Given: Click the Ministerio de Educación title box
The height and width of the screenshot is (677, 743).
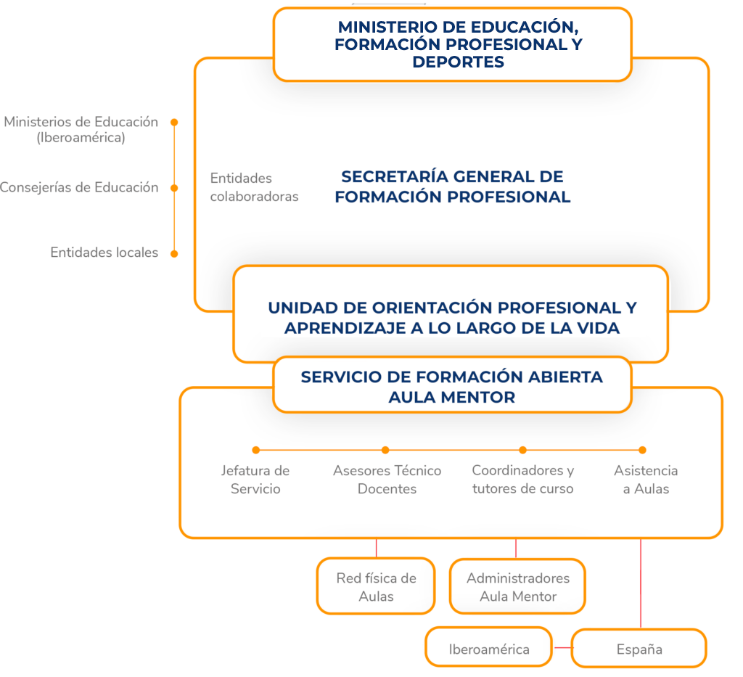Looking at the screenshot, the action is pos(453,44).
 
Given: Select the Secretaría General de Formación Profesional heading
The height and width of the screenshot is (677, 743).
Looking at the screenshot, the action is pos(453,186).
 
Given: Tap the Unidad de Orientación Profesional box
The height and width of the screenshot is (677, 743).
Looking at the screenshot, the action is pos(451,313).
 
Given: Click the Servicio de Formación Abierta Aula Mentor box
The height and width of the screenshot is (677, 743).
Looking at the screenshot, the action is pos(453,385).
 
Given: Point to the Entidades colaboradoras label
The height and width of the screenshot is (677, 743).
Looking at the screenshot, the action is pos(255,187).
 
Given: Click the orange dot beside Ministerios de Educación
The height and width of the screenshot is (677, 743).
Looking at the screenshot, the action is pos(174,122).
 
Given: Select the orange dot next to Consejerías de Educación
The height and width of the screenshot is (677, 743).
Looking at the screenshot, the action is pos(174,188).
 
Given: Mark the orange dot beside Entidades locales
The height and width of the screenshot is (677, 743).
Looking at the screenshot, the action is pos(174,254).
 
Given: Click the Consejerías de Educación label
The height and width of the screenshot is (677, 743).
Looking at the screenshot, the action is pos(78,188).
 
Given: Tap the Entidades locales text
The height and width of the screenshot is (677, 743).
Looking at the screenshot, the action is pos(104,253).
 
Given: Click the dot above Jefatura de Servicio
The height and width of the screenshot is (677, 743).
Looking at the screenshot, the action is pos(256,450).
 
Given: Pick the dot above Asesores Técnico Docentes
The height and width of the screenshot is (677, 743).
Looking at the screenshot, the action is pos(385,450).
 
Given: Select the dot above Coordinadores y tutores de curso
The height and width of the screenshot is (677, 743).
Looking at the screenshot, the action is pos(522,450).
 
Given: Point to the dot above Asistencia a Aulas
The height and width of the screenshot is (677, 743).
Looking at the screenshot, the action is pos(643,450).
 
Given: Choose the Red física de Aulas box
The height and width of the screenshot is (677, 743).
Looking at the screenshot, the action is pos(376,586).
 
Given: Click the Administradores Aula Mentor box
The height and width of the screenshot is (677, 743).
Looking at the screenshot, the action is pos(517,586).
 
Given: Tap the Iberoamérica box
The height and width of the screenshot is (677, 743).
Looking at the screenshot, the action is pos(488,647).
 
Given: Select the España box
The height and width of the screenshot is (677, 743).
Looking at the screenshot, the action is pos(639,648).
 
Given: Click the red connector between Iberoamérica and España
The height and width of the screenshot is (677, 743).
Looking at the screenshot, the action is pos(563,648).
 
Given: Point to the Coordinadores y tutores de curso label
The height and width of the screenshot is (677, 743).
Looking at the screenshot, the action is pos(522,480).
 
